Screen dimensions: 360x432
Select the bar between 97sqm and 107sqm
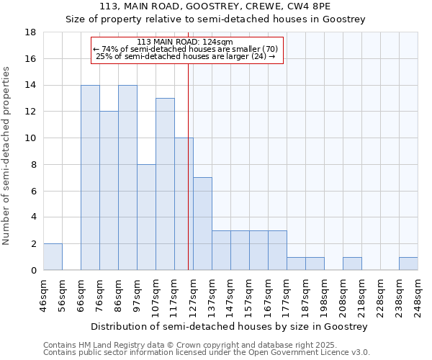(146, 217)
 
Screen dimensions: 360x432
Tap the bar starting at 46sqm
(53, 257)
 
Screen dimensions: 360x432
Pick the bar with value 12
(109, 191)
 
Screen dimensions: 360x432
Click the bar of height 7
(202, 224)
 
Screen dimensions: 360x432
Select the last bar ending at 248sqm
(408, 264)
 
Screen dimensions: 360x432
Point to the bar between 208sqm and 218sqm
(352, 264)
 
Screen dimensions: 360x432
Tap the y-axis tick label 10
(31, 138)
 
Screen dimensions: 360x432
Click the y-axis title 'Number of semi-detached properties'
(7, 156)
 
